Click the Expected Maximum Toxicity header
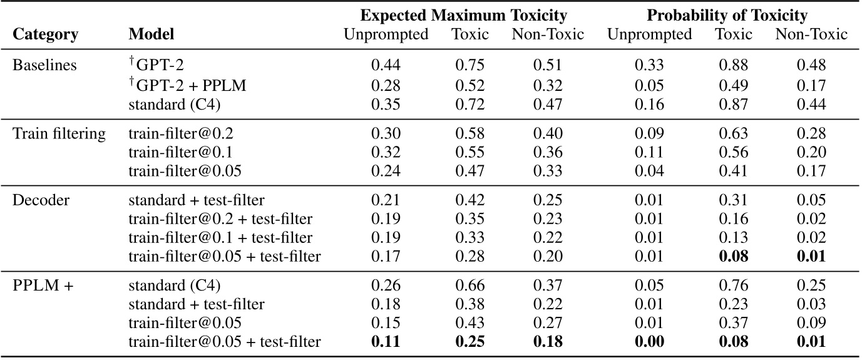pos(464,15)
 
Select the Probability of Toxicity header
pos(727,15)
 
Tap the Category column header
pos(46,34)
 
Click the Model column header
pos(151,34)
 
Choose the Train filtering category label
pos(59,133)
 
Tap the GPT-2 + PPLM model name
pos(187,85)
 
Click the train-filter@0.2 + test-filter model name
pos(220,219)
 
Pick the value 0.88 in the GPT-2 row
pos(734,65)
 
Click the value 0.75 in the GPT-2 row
pos(470,65)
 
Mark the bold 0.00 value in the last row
pos(649,341)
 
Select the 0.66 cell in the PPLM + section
pos(470,287)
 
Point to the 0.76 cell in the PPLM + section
pos(734,287)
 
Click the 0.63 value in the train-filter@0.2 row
pos(734,133)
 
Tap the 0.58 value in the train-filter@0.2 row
pos(470,133)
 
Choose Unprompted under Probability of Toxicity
pos(649,34)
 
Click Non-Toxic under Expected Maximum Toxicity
pos(547,34)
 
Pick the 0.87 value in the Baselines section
pos(734,104)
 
